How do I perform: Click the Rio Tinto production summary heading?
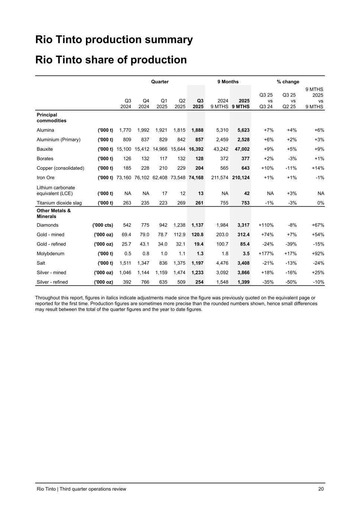(x=114, y=40)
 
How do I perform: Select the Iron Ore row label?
(x=45, y=178)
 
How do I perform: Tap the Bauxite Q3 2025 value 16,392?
(x=196, y=149)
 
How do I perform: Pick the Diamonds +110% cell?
(x=266, y=225)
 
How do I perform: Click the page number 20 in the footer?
(x=321, y=489)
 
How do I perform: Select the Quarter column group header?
(x=160, y=82)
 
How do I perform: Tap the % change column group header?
(x=288, y=82)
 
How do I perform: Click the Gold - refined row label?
(x=51, y=244)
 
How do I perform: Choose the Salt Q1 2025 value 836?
(x=163, y=263)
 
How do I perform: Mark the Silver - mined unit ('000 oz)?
(x=103, y=273)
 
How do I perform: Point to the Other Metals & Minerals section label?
(x=54, y=213)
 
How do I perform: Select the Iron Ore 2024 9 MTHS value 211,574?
(x=219, y=178)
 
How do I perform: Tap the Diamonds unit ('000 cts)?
(x=102, y=225)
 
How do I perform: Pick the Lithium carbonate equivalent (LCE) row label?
(x=56, y=191)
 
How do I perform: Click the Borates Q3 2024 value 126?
(x=127, y=159)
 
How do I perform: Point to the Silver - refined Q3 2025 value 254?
(x=199, y=282)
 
